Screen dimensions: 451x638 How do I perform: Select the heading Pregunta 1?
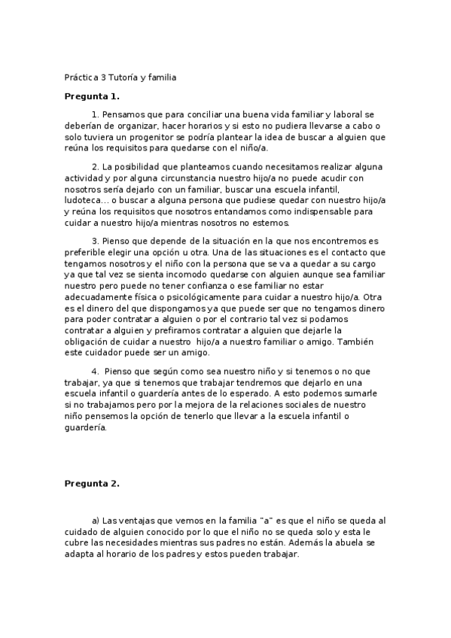[x=92, y=97]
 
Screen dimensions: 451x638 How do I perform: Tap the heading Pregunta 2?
[x=92, y=484]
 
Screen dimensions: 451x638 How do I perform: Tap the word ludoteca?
[x=82, y=202]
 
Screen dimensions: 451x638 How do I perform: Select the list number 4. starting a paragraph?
[x=96, y=371]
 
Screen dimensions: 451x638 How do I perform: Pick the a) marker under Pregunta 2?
[x=96, y=520]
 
